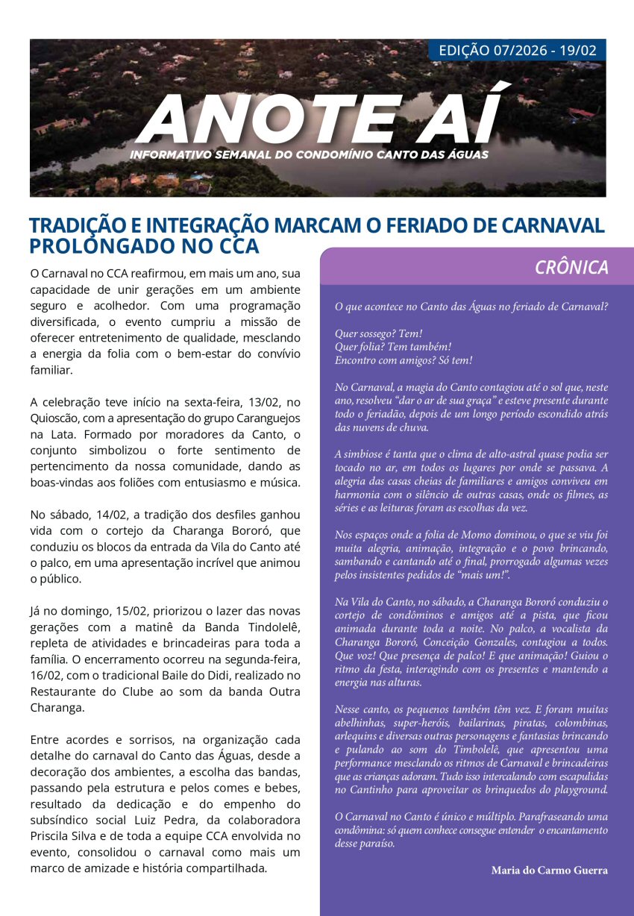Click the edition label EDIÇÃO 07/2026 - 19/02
pyautogui.click(x=518, y=51)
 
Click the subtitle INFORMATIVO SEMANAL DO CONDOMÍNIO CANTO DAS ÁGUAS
pyautogui.click(x=309, y=154)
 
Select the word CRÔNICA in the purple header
pyautogui.click(x=571, y=268)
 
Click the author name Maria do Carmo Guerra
pyautogui.click(x=550, y=870)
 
